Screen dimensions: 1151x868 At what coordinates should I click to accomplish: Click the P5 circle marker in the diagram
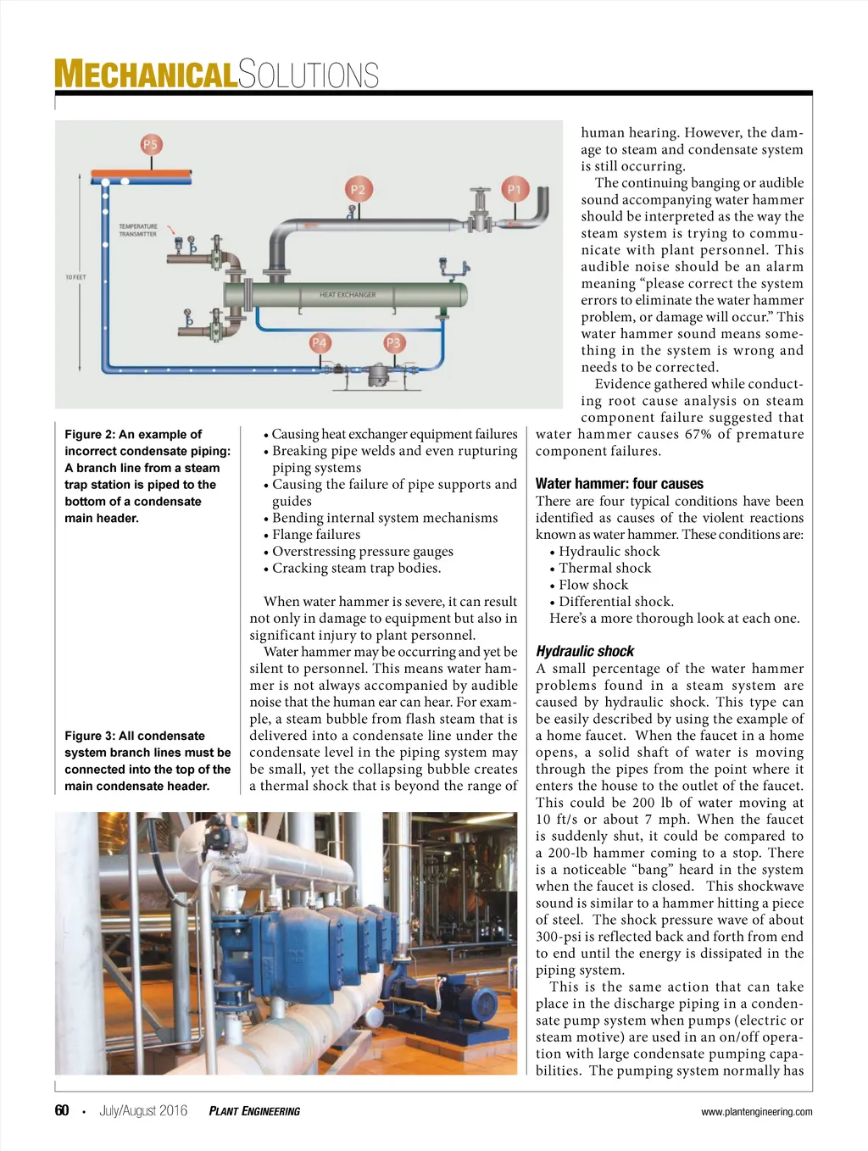tap(150, 145)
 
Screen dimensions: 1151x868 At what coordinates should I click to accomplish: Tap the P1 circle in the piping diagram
tap(514, 189)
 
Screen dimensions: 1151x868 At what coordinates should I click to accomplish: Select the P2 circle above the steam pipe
tap(358, 189)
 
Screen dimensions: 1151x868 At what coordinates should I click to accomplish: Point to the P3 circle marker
tap(393, 343)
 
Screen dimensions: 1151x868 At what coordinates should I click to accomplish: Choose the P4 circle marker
tap(319, 343)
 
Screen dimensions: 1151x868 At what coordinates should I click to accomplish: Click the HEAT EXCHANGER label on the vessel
tap(348, 295)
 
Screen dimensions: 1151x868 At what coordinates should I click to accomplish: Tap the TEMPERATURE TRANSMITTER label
tap(137, 231)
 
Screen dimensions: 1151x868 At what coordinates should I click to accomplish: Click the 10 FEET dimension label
tap(75, 277)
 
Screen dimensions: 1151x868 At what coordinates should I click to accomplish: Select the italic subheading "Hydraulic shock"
tap(585, 652)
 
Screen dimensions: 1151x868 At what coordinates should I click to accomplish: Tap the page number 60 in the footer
tap(62, 1110)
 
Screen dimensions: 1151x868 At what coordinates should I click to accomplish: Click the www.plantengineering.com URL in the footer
tap(756, 1112)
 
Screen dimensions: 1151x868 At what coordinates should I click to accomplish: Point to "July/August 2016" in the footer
tap(143, 1110)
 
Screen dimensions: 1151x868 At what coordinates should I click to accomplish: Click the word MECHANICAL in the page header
tap(144, 75)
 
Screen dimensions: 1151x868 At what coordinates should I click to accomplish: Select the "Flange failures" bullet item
tap(315, 535)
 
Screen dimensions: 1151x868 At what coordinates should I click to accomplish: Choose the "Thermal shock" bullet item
tap(604, 569)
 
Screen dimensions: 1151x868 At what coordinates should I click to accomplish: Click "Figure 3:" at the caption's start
tap(89, 736)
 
